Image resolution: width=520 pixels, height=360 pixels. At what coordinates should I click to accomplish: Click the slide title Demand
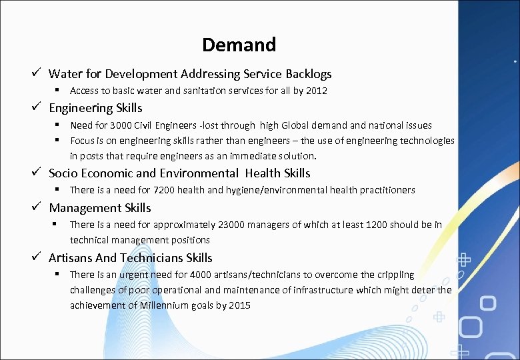coord(239,45)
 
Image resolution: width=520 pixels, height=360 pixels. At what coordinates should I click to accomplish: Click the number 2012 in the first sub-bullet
coord(317,91)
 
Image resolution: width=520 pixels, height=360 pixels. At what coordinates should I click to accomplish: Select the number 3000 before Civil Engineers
coord(103,125)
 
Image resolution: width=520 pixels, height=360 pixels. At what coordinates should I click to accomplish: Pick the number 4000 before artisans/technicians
coord(201,275)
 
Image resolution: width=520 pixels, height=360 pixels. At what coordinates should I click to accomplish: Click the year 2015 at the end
coord(239,305)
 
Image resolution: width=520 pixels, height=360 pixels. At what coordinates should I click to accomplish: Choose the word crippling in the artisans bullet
coord(396,275)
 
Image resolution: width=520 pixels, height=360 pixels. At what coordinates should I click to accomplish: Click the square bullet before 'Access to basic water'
coord(59,90)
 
